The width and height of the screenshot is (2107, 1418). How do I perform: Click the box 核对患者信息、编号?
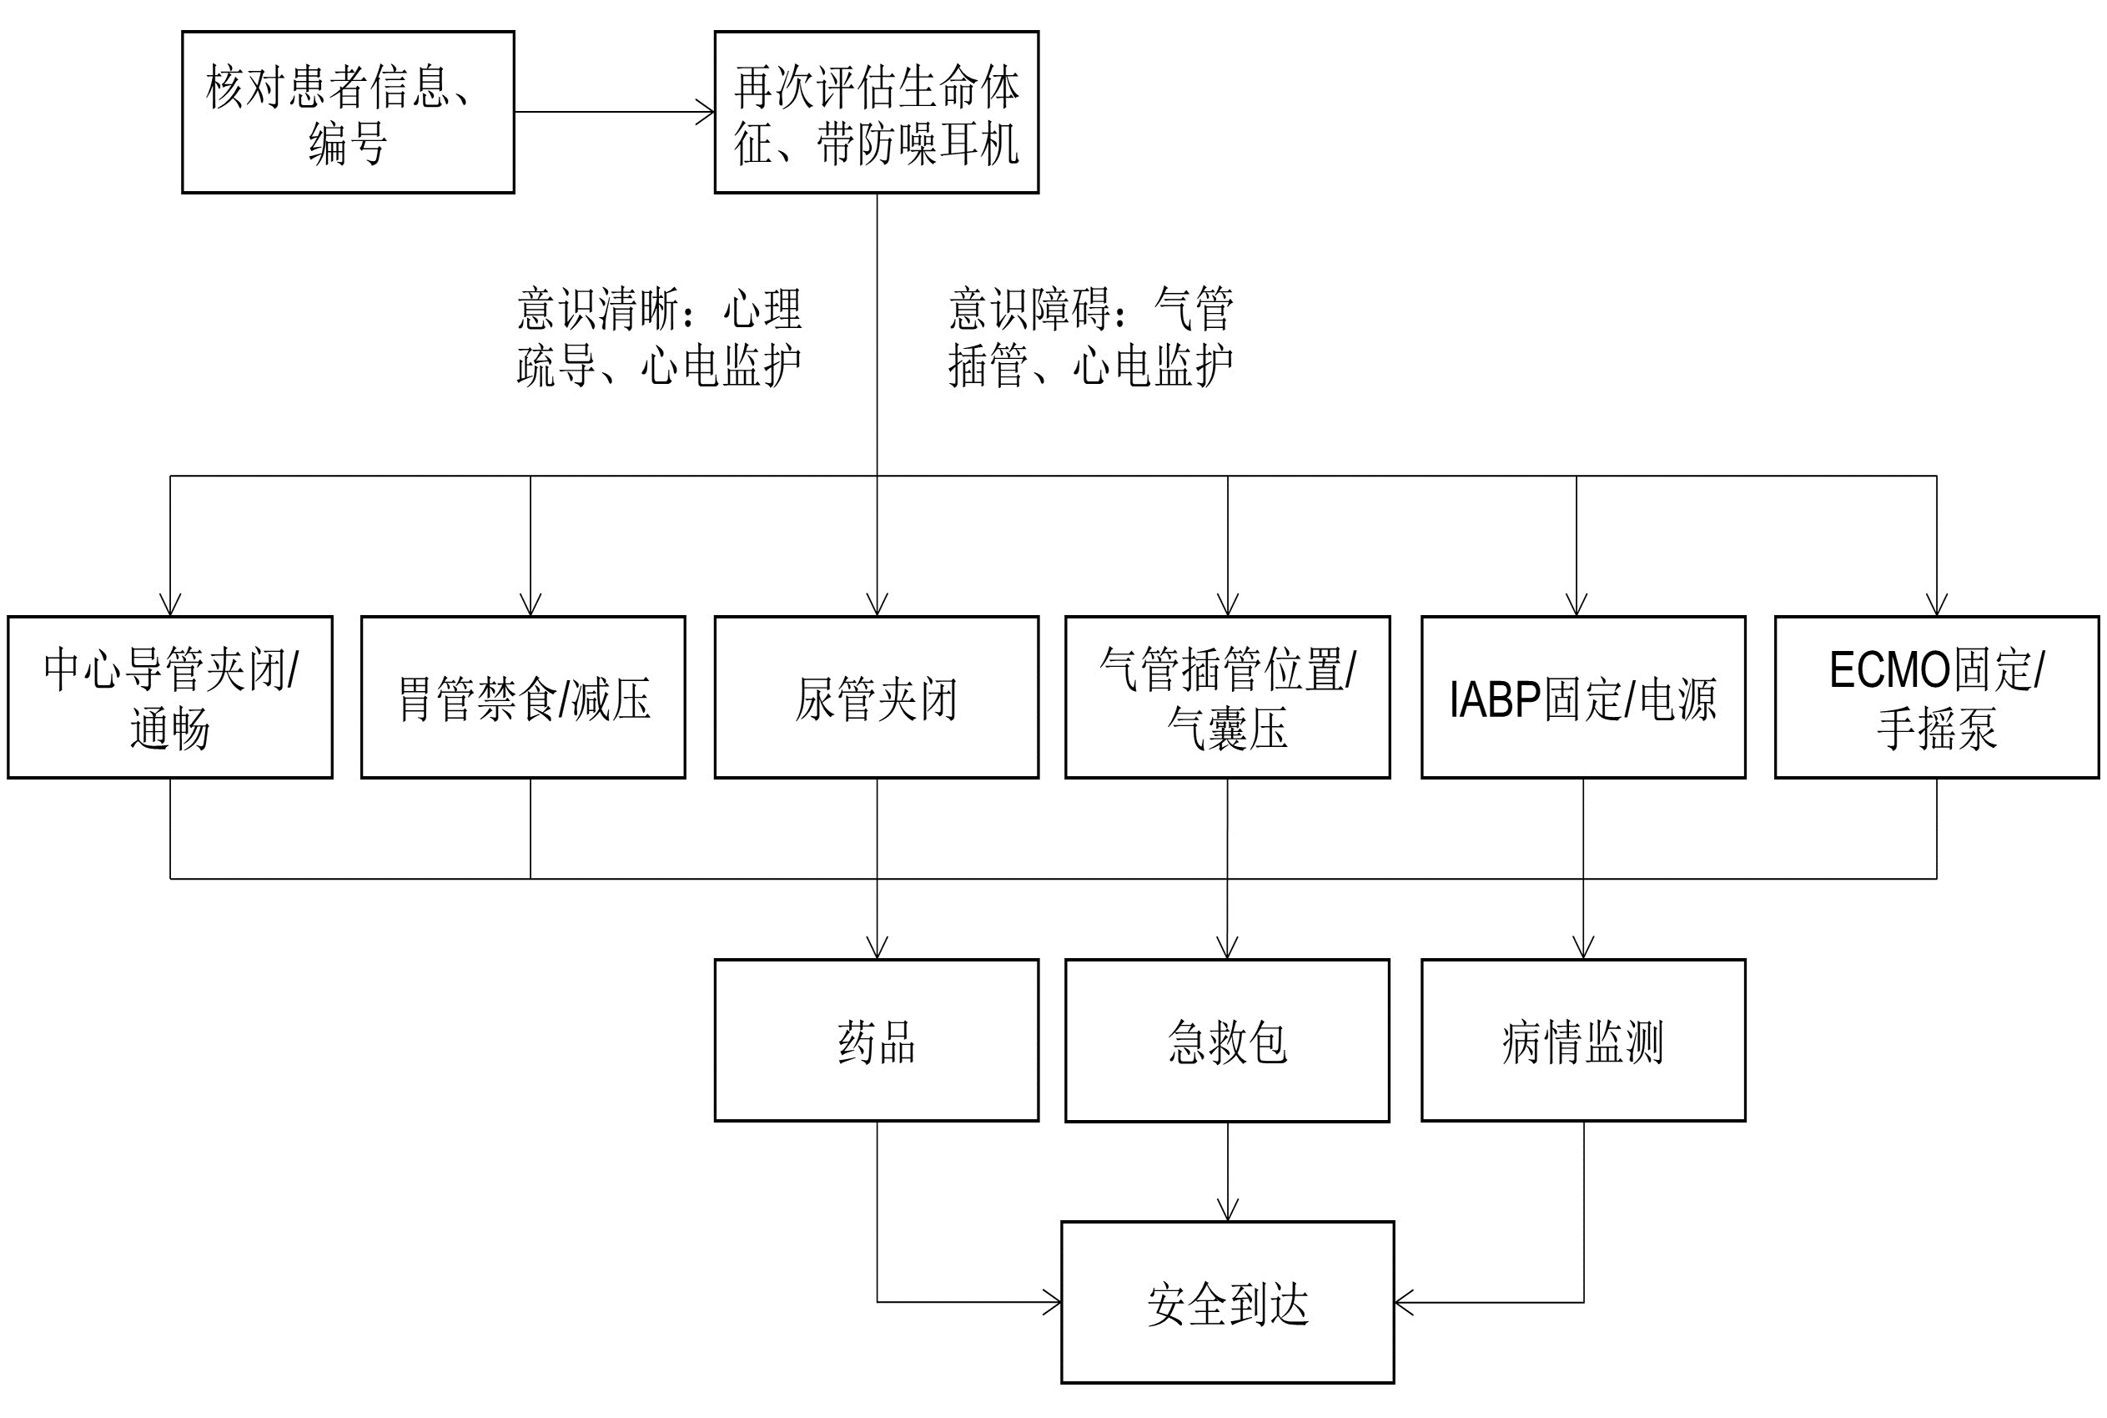coord(348,112)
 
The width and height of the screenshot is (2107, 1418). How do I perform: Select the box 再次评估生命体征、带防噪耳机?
coord(876,112)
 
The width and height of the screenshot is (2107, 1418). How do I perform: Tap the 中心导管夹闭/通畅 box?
coord(170,697)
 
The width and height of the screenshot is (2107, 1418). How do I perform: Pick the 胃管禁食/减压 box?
coord(523,697)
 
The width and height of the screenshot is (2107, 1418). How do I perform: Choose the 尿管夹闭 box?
coord(876,697)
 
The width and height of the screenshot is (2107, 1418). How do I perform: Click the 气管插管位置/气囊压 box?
coord(1227,697)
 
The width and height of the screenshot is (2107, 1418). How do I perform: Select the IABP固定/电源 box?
coord(1582,697)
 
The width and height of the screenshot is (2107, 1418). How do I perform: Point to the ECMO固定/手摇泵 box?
coord(1936,697)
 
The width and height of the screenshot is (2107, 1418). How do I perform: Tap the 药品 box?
coord(876,1040)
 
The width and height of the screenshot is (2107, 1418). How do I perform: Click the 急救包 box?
coord(1227,1040)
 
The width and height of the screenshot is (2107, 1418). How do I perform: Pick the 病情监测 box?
coord(1582,1040)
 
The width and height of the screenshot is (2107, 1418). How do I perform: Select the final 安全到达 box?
coord(1227,1302)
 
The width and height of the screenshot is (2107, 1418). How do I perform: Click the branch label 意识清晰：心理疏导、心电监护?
coord(659,337)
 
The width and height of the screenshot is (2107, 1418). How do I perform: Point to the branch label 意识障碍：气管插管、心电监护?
coord(1090,337)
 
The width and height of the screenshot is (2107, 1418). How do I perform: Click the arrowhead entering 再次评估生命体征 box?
coord(705,112)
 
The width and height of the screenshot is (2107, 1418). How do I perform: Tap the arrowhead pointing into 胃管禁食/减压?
coord(531,606)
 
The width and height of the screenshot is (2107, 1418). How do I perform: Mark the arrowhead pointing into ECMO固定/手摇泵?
coord(1936,606)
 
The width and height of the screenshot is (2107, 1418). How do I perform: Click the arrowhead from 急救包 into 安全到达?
coord(1227,1211)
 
